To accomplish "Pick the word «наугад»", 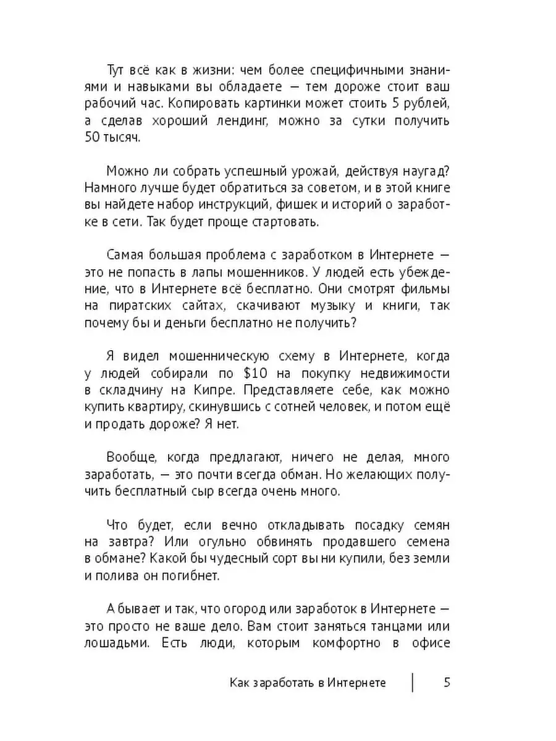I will coord(421,170).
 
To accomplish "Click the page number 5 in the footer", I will coord(447,682).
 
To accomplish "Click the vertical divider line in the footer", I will coord(412,682).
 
